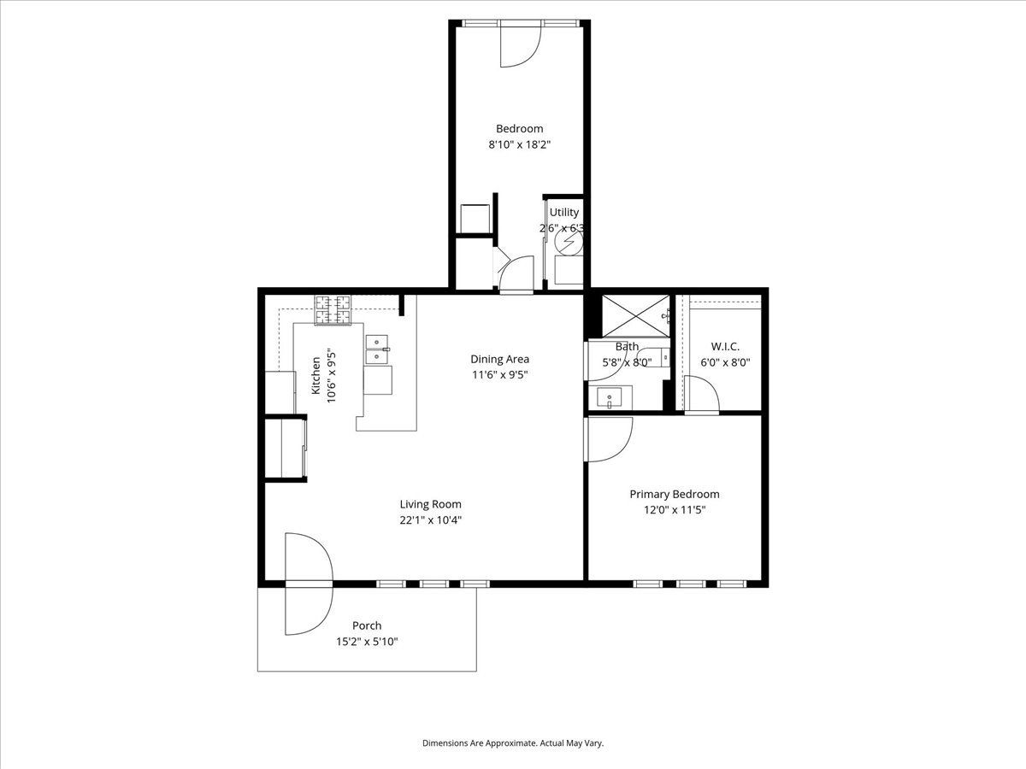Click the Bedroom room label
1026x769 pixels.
click(519, 128)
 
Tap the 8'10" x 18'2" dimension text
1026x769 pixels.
click(519, 144)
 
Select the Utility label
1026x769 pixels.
click(563, 212)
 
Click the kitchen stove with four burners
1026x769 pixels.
click(333, 310)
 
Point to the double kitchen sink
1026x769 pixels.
click(377, 349)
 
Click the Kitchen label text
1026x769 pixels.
click(316, 375)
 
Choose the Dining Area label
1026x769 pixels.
click(499, 359)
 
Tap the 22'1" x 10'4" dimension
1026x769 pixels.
click(431, 520)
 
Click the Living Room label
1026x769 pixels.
click(431, 504)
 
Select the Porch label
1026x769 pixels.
click(367, 625)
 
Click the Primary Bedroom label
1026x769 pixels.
click(675, 494)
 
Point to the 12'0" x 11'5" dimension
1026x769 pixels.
click(675, 509)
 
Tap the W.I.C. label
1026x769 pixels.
click(725, 346)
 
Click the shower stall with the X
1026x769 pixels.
click(636, 315)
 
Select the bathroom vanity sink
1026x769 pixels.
click(610, 398)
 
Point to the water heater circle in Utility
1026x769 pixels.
click(569, 242)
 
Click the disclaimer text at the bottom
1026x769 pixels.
click(513, 743)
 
